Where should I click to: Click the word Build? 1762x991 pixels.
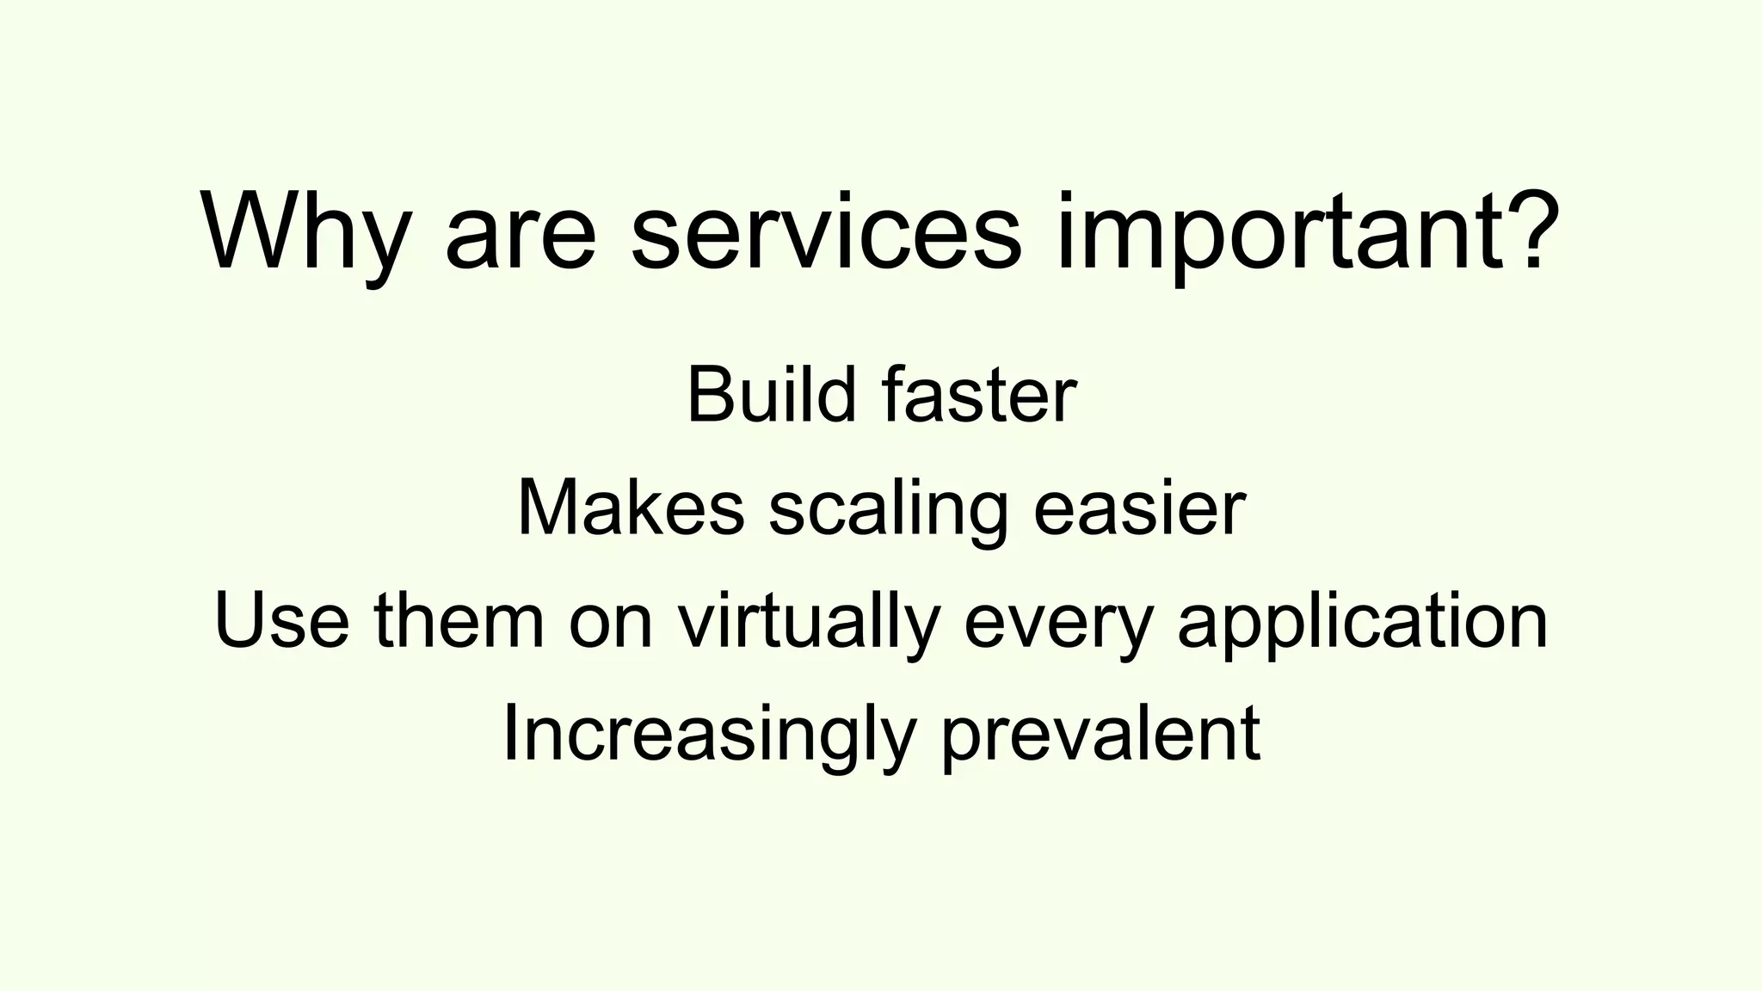(771, 396)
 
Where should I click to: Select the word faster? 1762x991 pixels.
(979, 396)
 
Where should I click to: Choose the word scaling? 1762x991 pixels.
(888, 509)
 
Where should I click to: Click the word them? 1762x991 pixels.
(459, 621)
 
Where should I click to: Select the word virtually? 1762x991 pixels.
(807, 621)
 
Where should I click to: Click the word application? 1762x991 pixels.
(1363, 621)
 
